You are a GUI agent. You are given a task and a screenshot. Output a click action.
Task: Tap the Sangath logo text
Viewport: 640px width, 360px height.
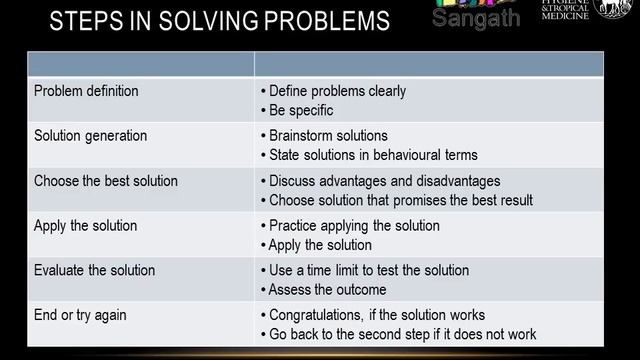pyautogui.click(x=477, y=18)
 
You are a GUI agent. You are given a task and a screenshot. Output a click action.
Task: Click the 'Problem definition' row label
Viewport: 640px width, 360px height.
pyautogui.click(x=86, y=91)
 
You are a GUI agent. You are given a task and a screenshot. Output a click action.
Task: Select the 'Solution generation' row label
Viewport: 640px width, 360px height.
pyautogui.click(x=90, y=136)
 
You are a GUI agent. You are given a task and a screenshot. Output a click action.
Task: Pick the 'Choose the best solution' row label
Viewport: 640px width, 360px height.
pyautogui.click(x=106, y=181)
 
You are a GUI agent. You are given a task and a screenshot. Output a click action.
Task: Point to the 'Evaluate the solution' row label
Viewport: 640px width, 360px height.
pyautogui.click(x=95, y=270)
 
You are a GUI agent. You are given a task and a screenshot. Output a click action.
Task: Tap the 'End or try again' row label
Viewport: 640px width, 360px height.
pyautogui.click(x=80, y=315)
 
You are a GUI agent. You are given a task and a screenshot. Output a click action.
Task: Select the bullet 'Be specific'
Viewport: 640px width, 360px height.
pyautogui.click(x=301, y=110)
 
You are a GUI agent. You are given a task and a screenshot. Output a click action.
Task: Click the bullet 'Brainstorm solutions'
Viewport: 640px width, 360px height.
pyautogui.click(x=328, y=136)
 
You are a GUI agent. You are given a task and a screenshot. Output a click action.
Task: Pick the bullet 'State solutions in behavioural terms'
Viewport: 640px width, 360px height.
pyautogui.click(x=373, y=155)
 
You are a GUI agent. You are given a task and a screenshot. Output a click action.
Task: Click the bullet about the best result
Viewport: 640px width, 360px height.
pyautogui.click(x=400, y=200)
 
